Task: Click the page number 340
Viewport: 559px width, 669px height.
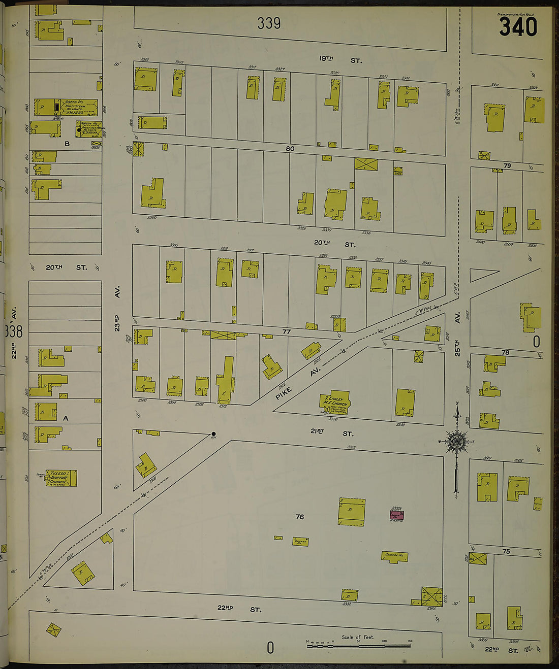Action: coord(518,27)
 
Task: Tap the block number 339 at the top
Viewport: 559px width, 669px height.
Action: coord(268,23)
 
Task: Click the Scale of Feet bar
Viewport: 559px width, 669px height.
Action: coord(359,645)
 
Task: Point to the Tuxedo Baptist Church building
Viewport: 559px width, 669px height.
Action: coord(61,478)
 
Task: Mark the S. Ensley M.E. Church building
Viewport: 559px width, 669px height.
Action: coord(336,404)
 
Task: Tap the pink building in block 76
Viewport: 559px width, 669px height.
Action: coord(396,515)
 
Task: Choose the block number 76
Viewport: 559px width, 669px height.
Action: coord(299,517)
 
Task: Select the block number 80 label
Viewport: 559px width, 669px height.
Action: coord(290,149)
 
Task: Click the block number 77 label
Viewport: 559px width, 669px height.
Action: coord(287,332)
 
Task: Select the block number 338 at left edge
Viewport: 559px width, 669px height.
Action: coord(13,331)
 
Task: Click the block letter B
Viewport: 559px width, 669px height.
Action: coord(67,144)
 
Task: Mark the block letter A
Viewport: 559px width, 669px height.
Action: coord(65,419)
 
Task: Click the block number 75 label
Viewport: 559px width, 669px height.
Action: coord(506,551)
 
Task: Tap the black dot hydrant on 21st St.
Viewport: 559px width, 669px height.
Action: coord(213,434)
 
